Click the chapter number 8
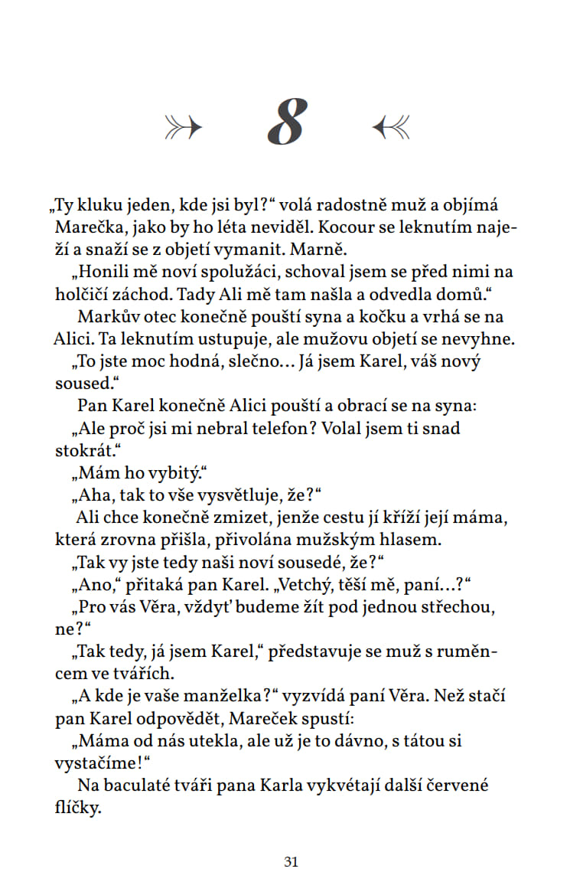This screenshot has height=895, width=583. coord(288,122)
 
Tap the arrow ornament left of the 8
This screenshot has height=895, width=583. coord(184,126)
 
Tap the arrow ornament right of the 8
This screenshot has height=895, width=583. coord(391,126)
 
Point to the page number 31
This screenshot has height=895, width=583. coord(291,861)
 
